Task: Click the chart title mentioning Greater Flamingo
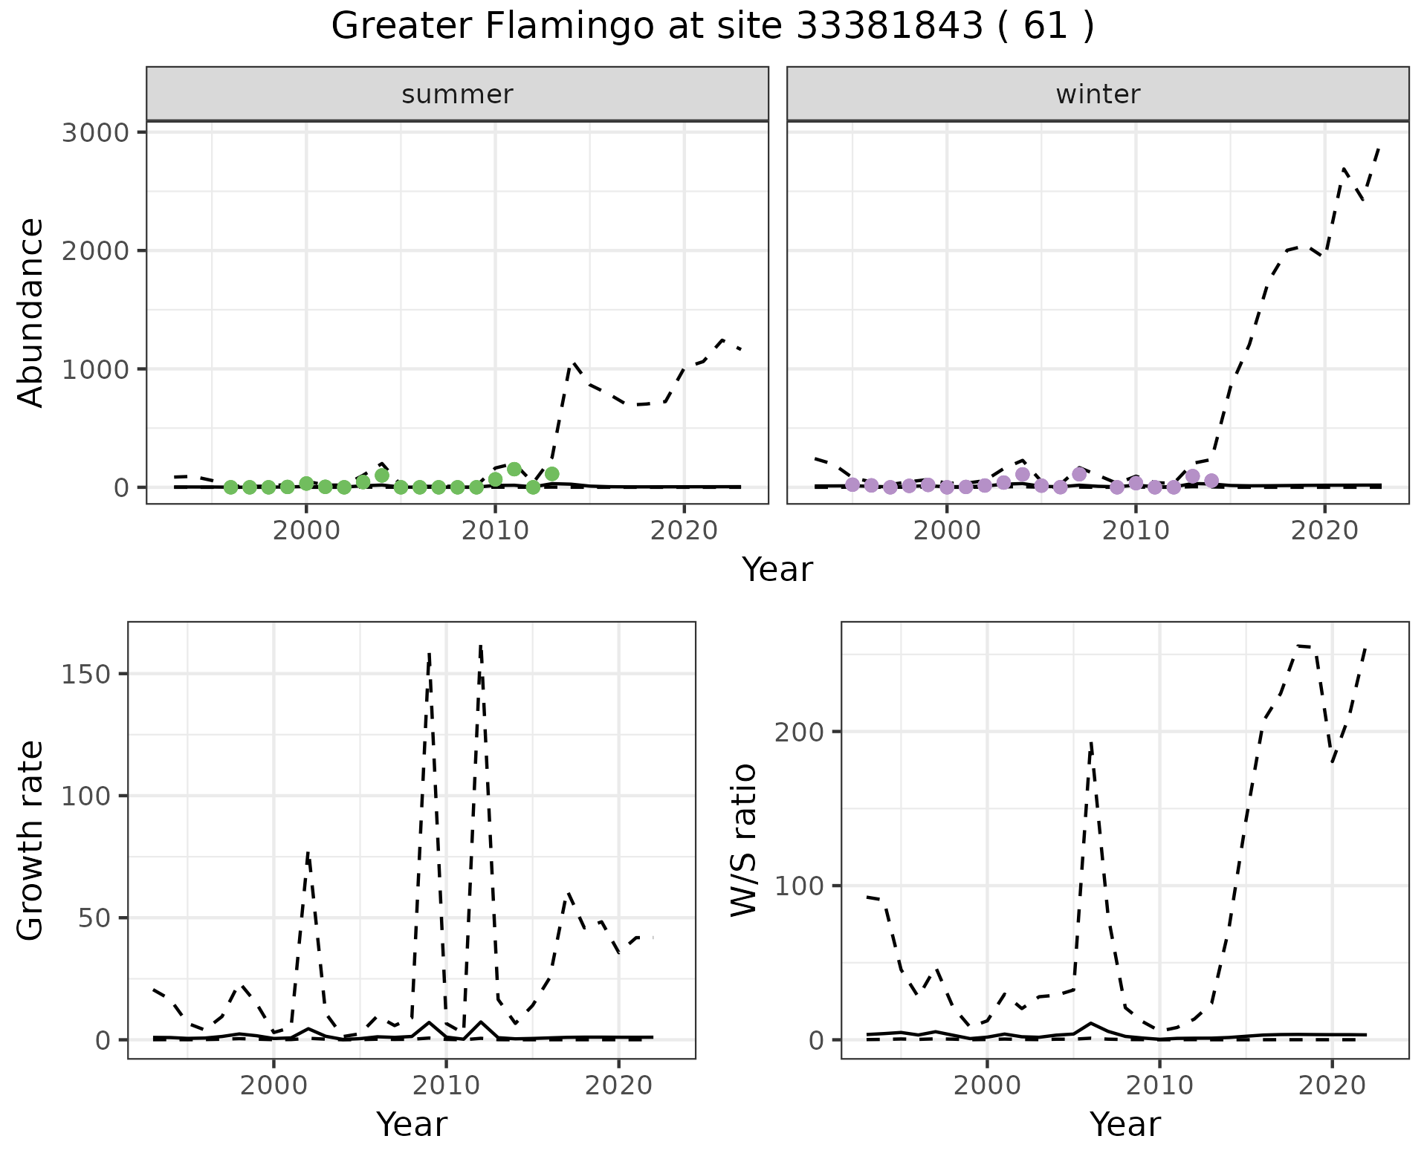pyautogui.click(x=712, y=27)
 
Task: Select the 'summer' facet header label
pyautogui.click(x=457, y=94)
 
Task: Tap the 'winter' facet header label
pyautogui.click(x=1098, y=94)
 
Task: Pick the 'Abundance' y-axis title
pyautogui.click(x=31, y=312)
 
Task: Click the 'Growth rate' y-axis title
pyautogui.click(x=31, y=841)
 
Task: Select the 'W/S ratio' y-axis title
pyautogui.click(x=743, y=840)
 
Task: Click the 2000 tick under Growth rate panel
pyautogui.click(x=274, y=1085)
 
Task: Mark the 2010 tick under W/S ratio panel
pyautogui.click(x=1159, y=1085)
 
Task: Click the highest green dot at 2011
pyautogui.click(x=514, y=470)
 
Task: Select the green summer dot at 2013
pyautogui.click(x=551, y=474)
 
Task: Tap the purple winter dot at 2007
pyautogui.click(x=1079, y=474)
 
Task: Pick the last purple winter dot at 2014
pyautogui.click(x=1211, y=481)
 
